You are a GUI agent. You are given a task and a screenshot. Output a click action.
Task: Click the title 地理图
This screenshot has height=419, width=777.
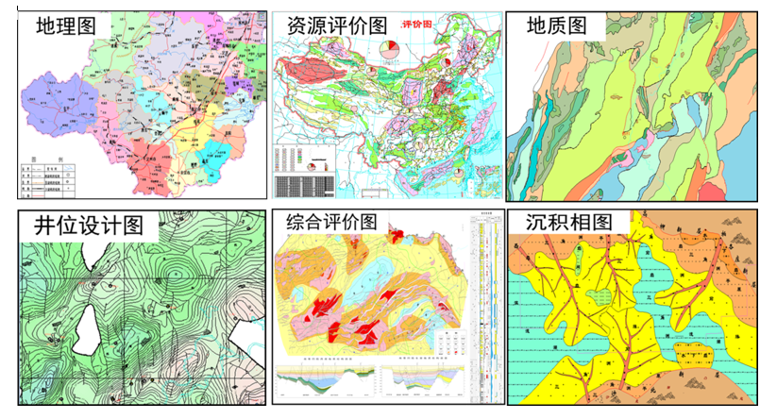click(65, 25)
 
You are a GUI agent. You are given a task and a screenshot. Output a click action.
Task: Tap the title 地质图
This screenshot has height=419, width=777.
click(556, 25)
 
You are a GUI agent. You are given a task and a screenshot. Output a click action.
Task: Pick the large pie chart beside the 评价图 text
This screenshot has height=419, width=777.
click(389, 48)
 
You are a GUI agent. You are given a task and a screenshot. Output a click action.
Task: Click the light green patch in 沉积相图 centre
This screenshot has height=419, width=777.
click(595, 297)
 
